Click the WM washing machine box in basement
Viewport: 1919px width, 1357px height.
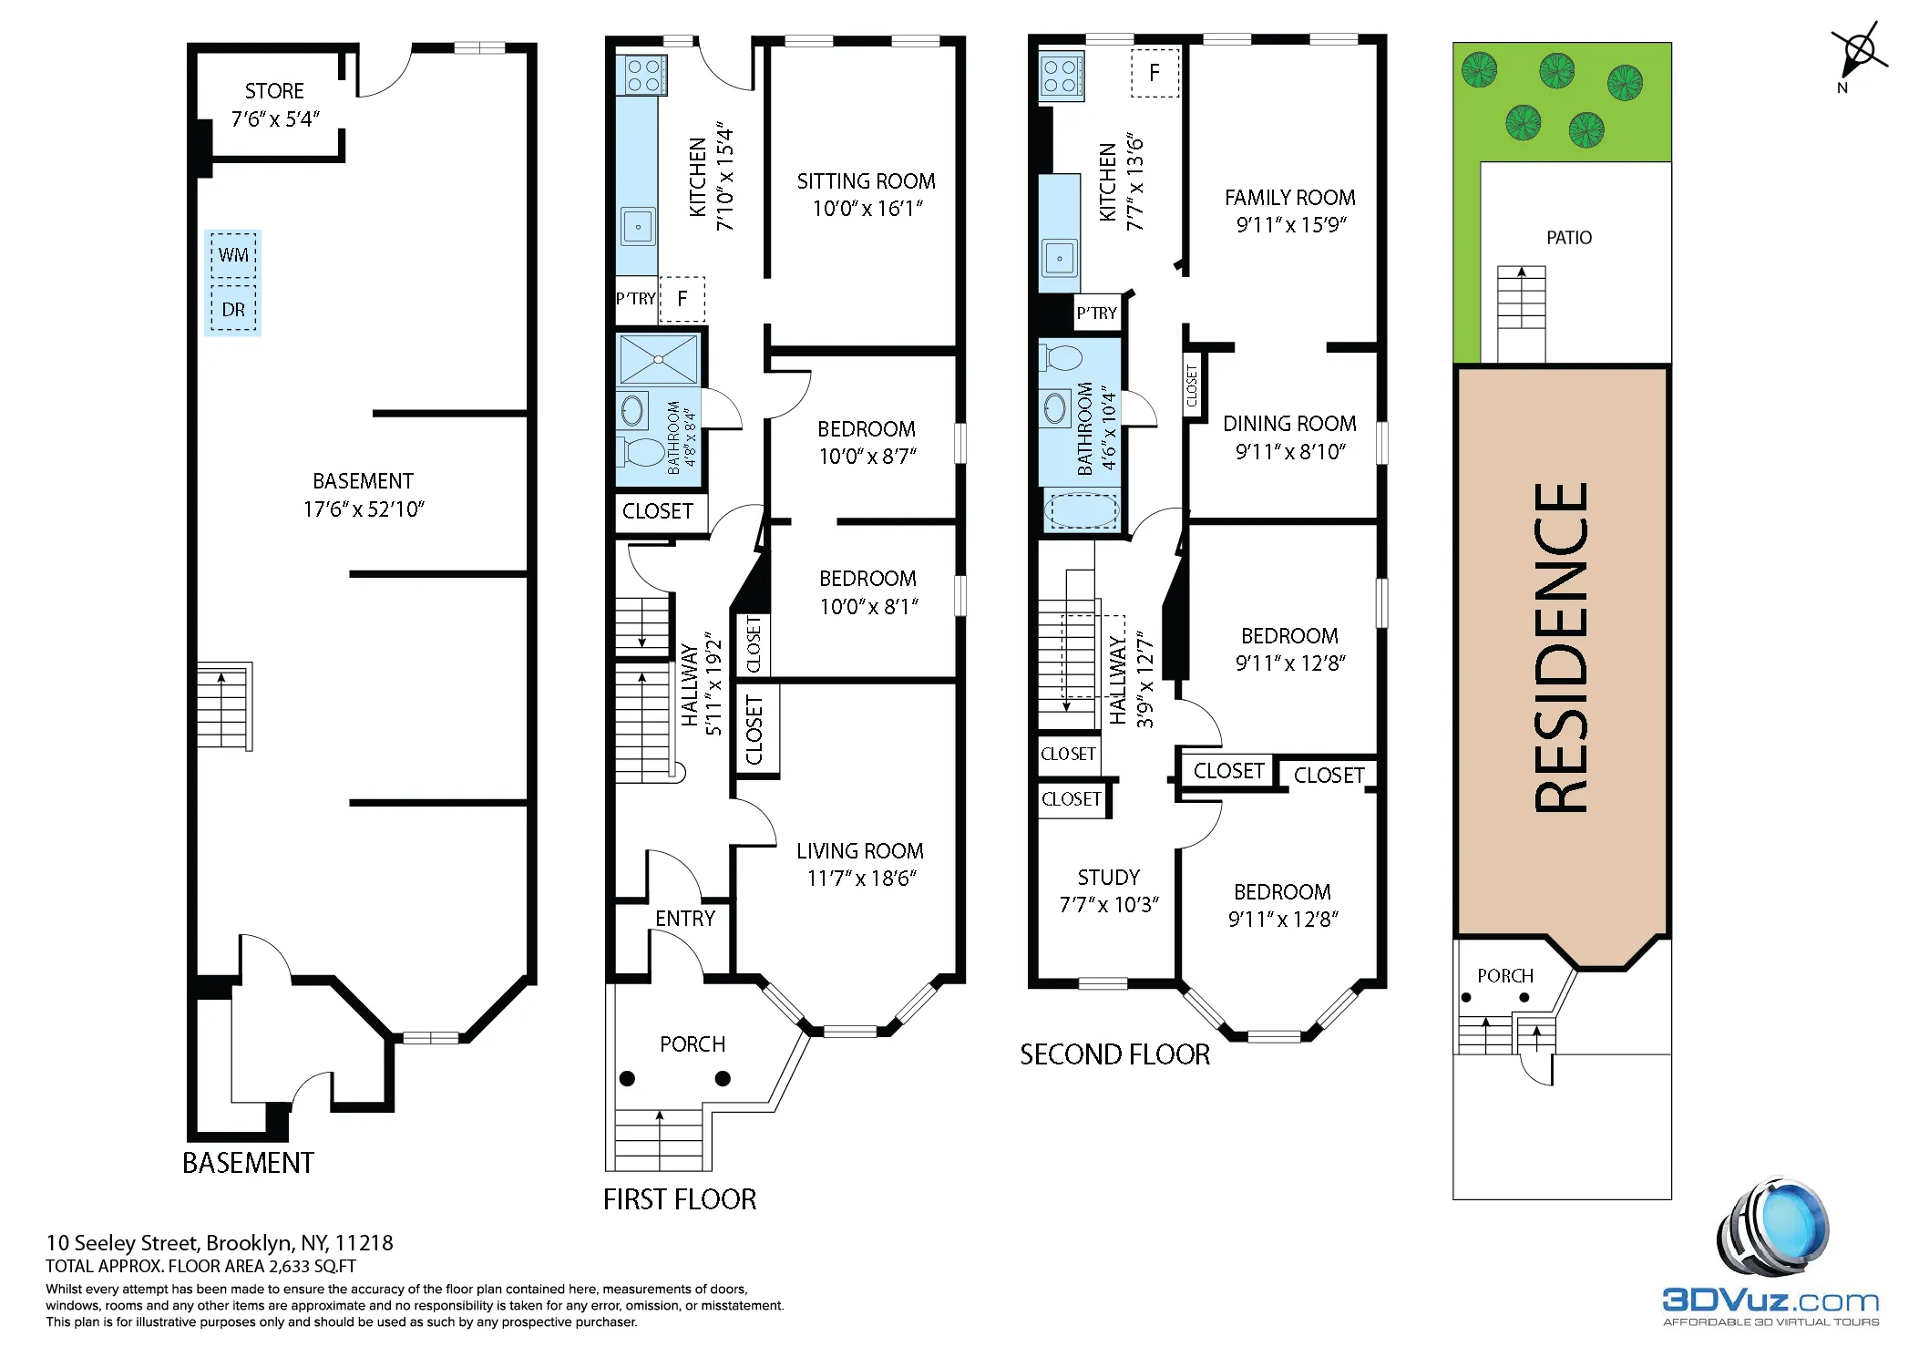click(x=233, y=255)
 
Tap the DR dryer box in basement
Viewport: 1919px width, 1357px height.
click(x=233, y=310)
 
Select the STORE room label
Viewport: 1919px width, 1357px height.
click(x=274, y=91)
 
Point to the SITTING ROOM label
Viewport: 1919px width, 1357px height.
click(x=866, y=181)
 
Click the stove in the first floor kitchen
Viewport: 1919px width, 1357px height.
click(x=643, y=75)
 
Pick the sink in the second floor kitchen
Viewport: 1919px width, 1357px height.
click(x=1059, y=259)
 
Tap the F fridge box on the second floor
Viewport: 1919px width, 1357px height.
click(x=1154, y=73)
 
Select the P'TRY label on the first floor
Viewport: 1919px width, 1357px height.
click(x=635, y=299)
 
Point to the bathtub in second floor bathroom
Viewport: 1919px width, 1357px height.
click(x=1081, y=511)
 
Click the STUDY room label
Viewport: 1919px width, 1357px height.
click(x=1108, y=878)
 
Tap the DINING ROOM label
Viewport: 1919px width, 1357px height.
click(x=1288, y=424)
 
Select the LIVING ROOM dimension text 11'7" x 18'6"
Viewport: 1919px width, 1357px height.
click(x=861, y=879)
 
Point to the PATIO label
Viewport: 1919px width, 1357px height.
click(x=1568, y=238)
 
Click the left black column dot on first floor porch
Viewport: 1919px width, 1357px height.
click(x=627, y=1079)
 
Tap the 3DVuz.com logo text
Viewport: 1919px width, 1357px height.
click(x=1770, y=1300)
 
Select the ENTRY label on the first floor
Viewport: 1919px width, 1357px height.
click(x=685, y=919)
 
